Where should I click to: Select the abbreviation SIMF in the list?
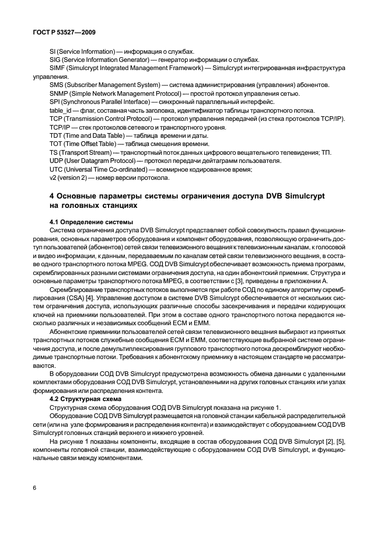(x=58, y=68)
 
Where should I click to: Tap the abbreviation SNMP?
(x=59, y=93)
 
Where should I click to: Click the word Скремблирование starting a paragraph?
(x=78, y=289)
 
